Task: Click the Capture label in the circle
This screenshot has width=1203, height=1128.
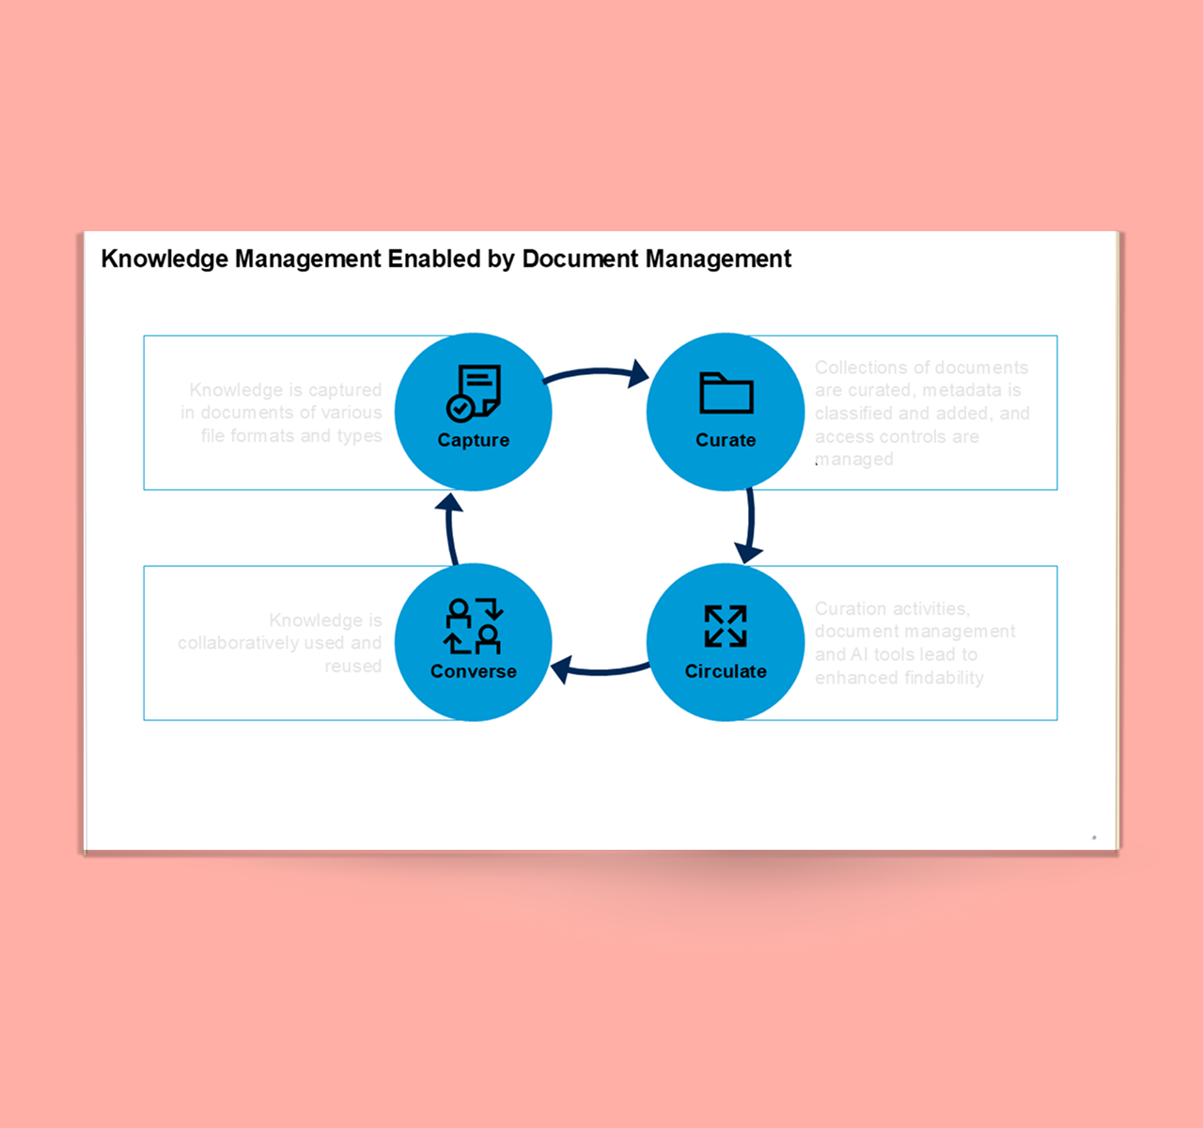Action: [x=473, y=440]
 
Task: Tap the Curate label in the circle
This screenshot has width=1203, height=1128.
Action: [x=726, y=440]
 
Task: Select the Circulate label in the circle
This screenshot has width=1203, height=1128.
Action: [x=726, y=671]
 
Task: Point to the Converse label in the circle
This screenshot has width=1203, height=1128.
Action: [x=473, y=671]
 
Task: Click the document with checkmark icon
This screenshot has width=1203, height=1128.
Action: [x=473, y=392]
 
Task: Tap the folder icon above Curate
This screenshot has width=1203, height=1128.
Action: [x=726, y=393]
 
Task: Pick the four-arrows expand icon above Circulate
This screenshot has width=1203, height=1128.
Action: [x=726, y=626]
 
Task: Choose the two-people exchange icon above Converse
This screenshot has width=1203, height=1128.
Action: [x=474, y=626]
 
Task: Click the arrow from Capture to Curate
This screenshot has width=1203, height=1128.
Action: [x=598, y=374]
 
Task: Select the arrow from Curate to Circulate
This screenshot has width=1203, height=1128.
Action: [x=750, y=525]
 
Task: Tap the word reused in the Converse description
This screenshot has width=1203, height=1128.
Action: [x=353, y=666]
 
